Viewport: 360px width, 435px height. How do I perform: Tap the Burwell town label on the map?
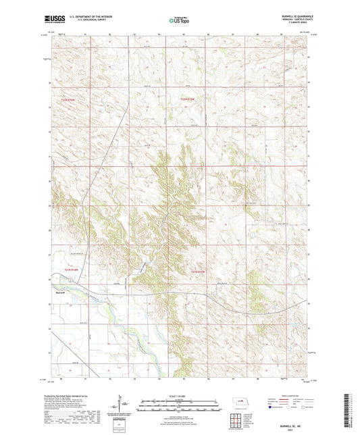[60, 292]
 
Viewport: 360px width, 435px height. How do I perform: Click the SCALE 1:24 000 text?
[180, 396]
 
